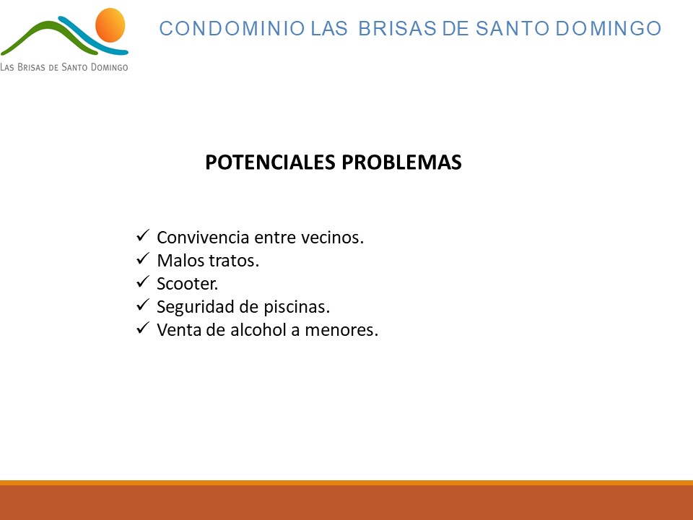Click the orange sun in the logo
[110, 25]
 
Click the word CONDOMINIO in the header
[232, 28]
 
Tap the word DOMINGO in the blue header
[608, 28]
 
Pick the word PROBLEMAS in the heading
[401, 162]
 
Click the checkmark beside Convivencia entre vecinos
[143, 235]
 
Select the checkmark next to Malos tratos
[143, 259]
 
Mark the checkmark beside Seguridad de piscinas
[143, 304]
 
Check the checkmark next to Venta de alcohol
[143, 328]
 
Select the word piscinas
[297, 307]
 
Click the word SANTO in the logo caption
[74, 67]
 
